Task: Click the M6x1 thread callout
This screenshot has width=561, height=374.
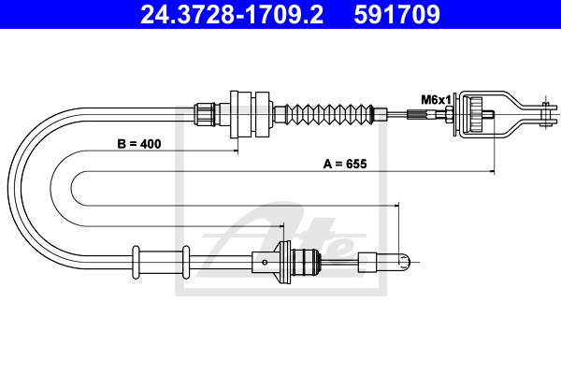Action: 436,99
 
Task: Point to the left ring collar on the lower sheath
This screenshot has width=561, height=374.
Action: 137,259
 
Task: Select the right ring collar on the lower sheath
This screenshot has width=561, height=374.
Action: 185,260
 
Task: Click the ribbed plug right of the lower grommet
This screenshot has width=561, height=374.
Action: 309,261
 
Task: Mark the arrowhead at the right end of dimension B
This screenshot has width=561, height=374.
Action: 236,151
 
